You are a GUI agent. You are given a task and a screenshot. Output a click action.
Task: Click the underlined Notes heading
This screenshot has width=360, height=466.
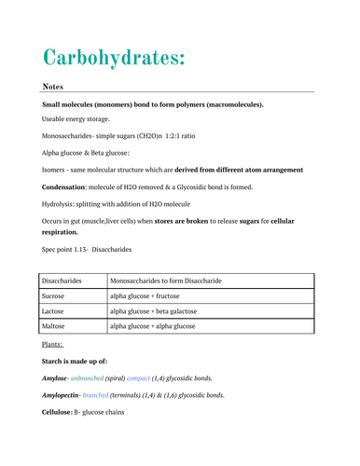(x=52, y=86)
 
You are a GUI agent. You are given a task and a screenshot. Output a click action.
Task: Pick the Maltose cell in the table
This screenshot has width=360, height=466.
(x=57, y=327)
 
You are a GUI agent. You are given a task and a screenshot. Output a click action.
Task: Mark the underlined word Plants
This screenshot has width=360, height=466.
(x=53, y=345)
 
